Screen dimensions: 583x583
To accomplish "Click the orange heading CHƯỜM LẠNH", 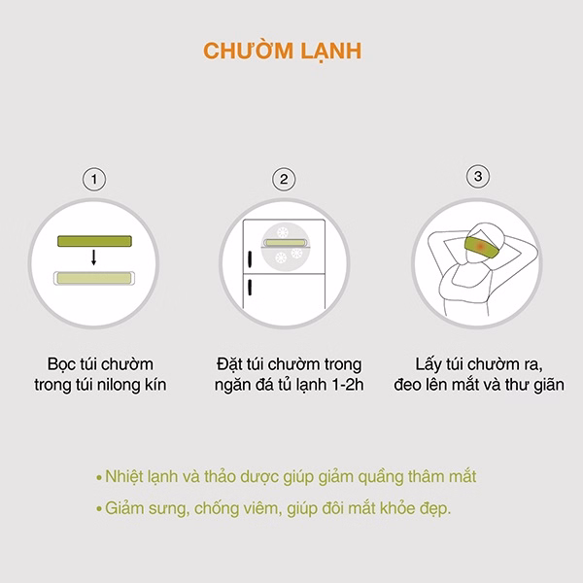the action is (282, 51).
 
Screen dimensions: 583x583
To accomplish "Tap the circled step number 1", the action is (94, 179).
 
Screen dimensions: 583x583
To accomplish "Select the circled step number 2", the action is (284, 179).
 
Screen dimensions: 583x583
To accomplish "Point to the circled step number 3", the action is (478, 176).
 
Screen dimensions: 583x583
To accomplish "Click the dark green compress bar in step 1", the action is (94, 241).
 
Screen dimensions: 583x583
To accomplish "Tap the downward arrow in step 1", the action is (93, 257).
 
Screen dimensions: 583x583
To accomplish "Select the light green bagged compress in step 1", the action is (94, 278).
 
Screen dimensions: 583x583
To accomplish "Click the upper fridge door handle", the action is (250, 258).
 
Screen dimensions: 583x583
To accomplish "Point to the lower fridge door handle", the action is (250, 288).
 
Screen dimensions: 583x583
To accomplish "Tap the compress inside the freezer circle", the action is (285, 243).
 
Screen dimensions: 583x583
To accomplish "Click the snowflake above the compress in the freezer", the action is (283, 232).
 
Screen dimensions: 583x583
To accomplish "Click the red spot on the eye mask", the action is (480, 246).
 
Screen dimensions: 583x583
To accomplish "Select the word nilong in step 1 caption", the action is (117, 385).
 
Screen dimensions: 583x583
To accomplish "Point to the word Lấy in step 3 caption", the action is (428, 364).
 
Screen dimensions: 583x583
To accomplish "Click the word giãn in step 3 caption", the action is (549, 385).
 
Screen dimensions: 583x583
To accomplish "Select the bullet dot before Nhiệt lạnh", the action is (99, 478).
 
